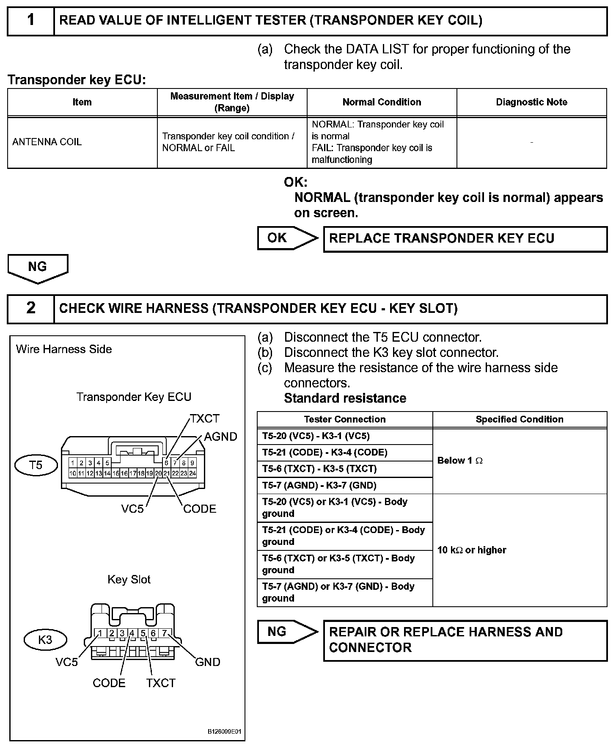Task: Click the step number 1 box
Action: (x=31, y=20)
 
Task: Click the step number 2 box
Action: (x=31, y=308)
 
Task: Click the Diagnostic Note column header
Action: (x=531, y=102)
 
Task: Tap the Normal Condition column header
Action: (x=382, y=102)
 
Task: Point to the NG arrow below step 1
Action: (x=38, y=268)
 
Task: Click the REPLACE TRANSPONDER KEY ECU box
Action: (x=465, y=239)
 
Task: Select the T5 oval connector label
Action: (x=36, y=465)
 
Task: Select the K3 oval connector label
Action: (x=45, y=639)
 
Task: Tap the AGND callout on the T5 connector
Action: (x=220, y=437)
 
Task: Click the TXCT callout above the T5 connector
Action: (x=205, y=419)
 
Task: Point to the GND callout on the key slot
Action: (x=207, y=662)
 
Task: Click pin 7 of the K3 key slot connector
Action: (x=165, y=633)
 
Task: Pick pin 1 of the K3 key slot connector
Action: (x=100, y=633)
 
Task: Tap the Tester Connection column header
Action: (x=344, y=420)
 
